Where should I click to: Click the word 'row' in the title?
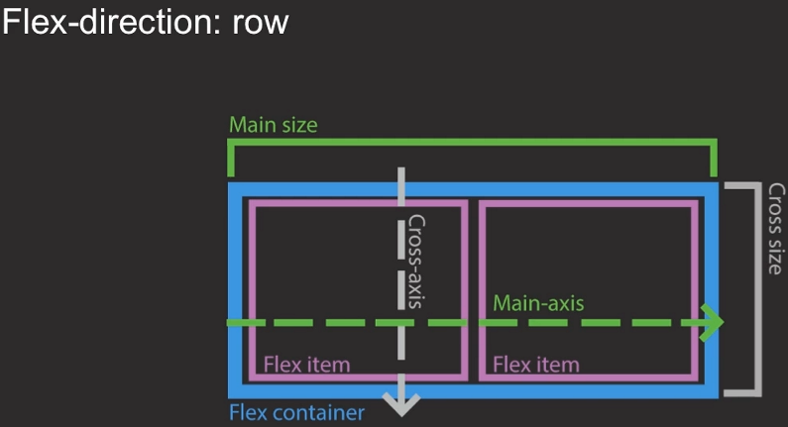(x=261, y=22)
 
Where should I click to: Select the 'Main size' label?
(x=274, y=126)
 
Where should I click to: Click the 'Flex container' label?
(x=296, y=413)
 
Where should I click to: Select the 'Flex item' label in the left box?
(x=306, y=365)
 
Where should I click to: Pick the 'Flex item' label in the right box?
(x=535, y=365)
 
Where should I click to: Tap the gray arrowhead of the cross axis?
(x=401, y=404)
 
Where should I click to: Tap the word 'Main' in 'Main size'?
(x=252, y=126)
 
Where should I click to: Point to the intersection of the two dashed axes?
(x=401, y=323)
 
